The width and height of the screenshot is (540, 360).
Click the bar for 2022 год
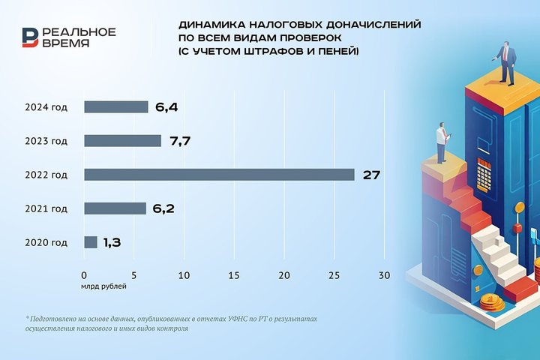tap(219, 175)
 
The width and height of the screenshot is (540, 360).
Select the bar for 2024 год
tap(116, 106)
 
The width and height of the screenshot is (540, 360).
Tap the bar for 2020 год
tap(91, 242)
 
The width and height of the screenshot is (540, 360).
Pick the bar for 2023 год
tap(122, 141)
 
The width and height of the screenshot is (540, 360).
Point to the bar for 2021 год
tap(115, 208)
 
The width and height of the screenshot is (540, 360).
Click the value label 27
tap(371, 175)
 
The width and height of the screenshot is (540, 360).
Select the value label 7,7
tap(180, 141)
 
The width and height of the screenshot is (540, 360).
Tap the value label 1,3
tap(112, 242)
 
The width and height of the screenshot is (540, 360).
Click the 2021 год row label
tap(46, 208)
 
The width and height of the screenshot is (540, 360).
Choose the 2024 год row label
tap(46, 107)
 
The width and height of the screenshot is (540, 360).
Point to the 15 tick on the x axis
tap(234, 275)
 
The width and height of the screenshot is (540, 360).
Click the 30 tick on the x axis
tap(384, 275)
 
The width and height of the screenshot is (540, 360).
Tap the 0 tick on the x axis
tap(84, 275)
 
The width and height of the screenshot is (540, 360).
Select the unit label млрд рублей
tap(103, 286)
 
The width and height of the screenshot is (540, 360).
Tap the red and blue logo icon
tap(30, 37)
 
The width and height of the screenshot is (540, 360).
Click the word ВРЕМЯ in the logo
tap(66, 43)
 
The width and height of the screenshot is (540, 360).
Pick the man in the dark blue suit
tap(506, 63)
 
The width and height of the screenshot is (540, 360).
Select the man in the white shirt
tap(442, 142)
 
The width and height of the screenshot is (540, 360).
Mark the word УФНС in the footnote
tap(237, 319)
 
